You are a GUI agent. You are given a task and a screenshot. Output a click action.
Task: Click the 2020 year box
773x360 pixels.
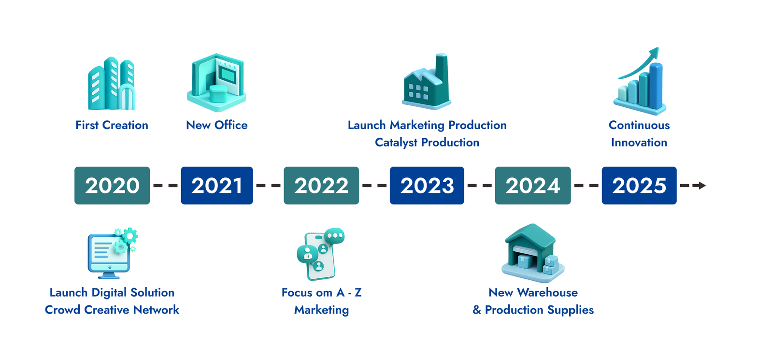[x=112, y=186]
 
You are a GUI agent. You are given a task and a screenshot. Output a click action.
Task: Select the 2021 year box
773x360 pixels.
[x=217, y=186]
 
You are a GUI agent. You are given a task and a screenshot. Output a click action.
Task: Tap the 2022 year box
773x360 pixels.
[x=321, y=186]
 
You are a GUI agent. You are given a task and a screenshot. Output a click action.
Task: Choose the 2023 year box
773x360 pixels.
[x=427, y=186]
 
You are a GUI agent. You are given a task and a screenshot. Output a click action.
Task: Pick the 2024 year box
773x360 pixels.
[x=533, y=186]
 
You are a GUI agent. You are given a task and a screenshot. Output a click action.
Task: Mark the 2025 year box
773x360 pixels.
[x=639, y=186]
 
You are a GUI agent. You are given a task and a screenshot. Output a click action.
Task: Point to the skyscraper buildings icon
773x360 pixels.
[x=112, y=84]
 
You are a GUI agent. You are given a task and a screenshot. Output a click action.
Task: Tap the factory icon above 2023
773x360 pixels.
[x=427, y=82]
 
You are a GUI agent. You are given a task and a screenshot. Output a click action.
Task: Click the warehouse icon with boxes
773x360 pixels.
[x=533, y=253]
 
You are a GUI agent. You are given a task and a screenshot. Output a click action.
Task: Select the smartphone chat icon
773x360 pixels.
[x=321, y=254]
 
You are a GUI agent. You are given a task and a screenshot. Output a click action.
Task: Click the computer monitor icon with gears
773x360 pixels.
[x=113, y=253]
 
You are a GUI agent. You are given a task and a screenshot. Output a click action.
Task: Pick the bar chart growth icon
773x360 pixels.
[x=640, y=81]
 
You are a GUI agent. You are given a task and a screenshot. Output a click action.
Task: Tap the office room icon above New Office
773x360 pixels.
[x=216, y=83]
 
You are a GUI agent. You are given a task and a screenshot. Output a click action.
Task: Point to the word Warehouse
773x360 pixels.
[x=547, y=293]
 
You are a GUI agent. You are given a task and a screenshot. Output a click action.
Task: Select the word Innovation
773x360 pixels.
[x=639, y=143]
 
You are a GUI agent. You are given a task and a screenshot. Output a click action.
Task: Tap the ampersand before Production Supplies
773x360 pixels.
[x=476, y=310]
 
